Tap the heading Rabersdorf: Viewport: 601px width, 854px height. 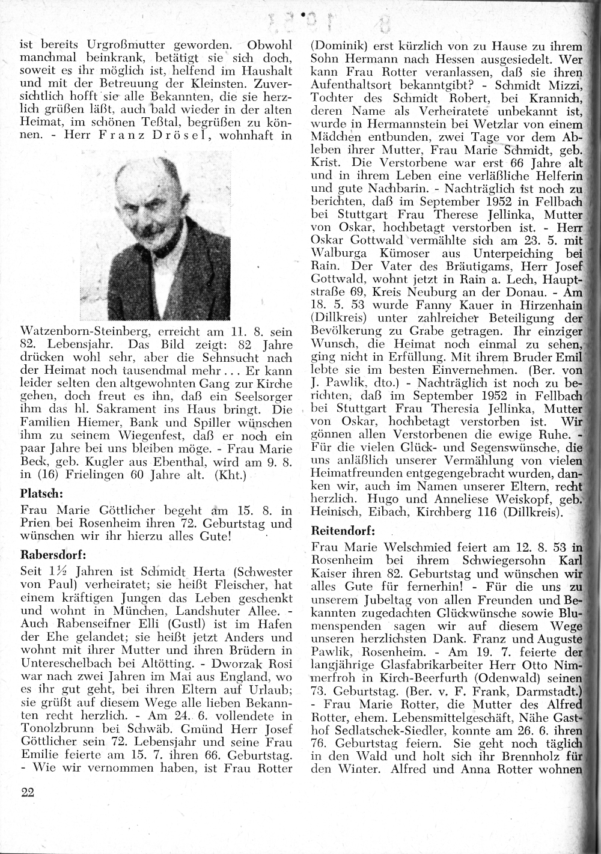pos(54,553)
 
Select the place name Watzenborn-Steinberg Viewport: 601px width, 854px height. pos(88,331)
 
